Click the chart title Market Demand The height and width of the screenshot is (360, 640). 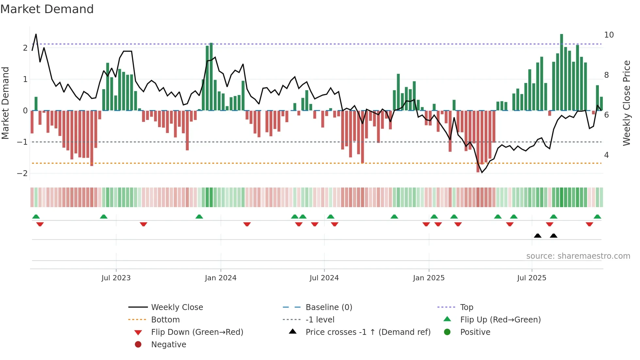click(47, 9)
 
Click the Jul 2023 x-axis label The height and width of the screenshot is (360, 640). click(116, 278)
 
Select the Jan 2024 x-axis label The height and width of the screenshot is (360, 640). click(220, 278)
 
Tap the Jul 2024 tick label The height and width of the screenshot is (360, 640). click(324, 278)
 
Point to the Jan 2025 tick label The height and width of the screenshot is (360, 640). click(428, 278)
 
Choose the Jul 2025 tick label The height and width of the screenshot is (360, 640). click(532, 278)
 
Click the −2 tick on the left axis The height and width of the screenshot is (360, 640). click(22, 173)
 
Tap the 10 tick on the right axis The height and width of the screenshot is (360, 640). click(609, 35)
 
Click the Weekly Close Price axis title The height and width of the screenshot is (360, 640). click(626, 103)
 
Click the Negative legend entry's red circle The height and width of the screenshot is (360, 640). click(138, 345)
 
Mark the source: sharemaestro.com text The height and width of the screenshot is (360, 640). click(578, 256)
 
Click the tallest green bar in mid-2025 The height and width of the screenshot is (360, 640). click(561, 72)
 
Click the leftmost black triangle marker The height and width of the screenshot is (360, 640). click(537, 236)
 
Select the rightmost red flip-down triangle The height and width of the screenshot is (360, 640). click(589, 224)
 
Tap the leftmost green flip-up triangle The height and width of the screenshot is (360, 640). click(36, 217)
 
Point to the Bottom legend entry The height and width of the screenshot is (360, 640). click(165, 320)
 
